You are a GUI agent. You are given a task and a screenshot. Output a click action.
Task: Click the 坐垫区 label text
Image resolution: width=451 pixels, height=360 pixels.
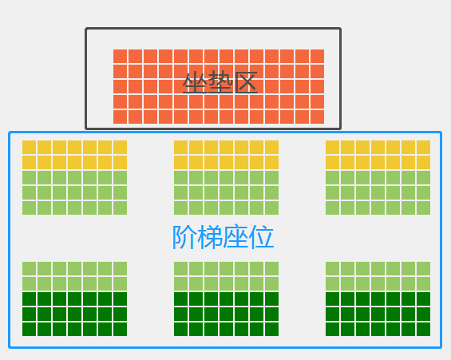(220, 83)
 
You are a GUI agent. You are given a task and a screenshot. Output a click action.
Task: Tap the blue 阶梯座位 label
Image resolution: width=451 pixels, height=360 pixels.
(223, 237)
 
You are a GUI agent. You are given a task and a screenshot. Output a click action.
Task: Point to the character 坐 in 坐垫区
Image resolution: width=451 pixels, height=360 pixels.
(195, 83)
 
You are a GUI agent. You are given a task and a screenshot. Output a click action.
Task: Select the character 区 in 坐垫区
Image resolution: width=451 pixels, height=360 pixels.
(245, 83)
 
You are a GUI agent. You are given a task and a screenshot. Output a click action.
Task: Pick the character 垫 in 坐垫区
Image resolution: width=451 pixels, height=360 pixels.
(220, 83)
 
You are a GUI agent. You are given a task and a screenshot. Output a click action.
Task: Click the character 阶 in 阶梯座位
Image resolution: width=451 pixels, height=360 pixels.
(184, 237)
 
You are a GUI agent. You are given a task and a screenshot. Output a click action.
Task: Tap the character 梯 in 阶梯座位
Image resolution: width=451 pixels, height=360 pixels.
(210, 237)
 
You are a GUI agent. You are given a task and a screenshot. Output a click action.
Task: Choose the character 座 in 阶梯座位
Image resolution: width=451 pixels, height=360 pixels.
(235, 237)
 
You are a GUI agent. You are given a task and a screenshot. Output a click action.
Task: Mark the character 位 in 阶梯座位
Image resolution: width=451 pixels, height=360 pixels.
(262, 237)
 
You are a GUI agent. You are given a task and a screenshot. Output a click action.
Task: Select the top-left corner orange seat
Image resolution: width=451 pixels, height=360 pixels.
(120, 57)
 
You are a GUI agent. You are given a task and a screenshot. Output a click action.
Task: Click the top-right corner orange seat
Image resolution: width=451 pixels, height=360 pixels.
(317, 57)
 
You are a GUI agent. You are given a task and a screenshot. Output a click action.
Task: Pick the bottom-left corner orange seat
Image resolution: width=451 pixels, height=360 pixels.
(120, 117)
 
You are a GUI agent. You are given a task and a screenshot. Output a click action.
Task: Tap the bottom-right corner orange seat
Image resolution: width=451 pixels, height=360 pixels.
(317, 117)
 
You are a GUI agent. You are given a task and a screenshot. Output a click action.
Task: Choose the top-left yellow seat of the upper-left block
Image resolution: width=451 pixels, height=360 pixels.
(29, 147)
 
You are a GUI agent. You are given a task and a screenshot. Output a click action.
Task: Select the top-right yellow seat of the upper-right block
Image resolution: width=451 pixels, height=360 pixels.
(423, 147)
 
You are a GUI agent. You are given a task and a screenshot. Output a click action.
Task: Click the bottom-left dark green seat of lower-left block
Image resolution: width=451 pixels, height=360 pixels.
(29, 329)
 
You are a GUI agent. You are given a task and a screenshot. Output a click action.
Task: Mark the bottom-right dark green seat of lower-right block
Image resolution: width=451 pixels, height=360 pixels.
(423, 329)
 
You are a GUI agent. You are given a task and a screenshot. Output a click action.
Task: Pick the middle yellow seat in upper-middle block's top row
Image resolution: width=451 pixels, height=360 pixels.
(227, 147)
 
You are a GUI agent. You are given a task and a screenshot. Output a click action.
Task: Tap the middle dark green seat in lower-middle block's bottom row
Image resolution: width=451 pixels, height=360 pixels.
(227, 329)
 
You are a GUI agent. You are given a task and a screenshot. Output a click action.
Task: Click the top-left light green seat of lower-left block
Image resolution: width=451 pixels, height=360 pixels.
(29, 268)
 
